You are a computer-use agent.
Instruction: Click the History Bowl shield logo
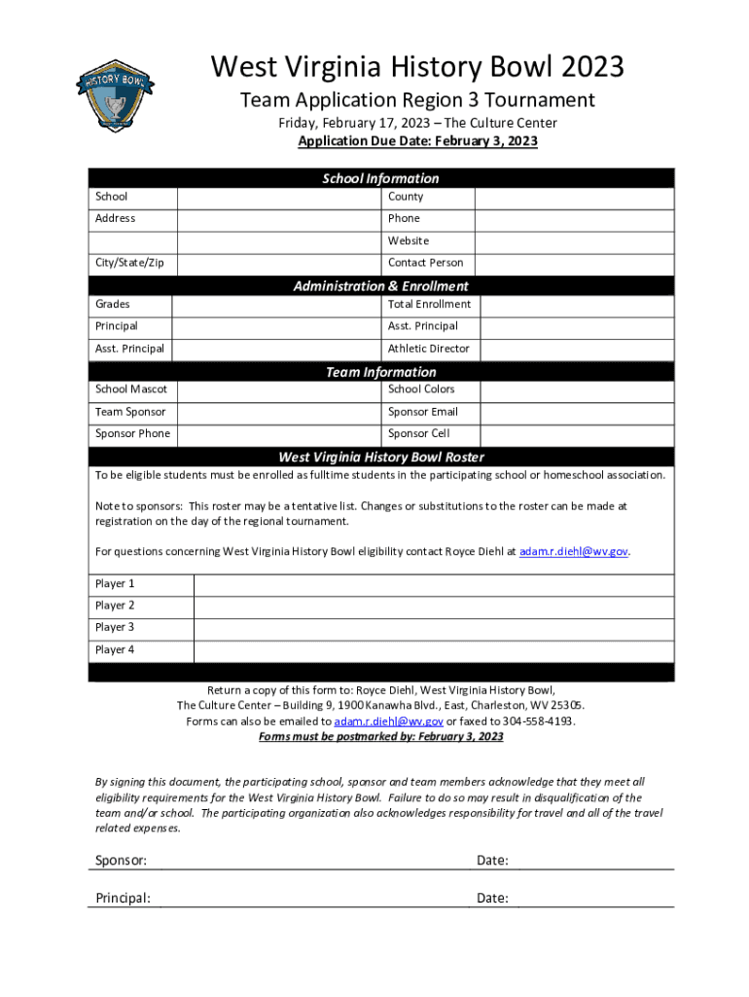(115, 92)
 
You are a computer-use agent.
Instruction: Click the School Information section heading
(380, 178)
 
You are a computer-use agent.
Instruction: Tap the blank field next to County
(574, 197)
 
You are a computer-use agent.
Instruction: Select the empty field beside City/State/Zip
(278, 263)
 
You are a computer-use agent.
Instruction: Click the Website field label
(409, 240)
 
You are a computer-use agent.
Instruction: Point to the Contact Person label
(425, 263)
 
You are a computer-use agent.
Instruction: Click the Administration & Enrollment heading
(380, 286)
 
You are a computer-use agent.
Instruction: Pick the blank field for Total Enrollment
(574, 305)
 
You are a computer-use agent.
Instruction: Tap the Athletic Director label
(428, 349)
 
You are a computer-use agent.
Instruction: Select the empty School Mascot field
(278, 389)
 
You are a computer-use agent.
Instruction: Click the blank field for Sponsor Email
(574, 412)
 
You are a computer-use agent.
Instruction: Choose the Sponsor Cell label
(418, 434)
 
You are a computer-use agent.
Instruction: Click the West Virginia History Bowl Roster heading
(380, 457)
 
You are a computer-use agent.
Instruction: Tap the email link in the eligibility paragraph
(574, 552)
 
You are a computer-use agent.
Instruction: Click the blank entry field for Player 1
(433, 584)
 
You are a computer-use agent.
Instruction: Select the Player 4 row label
(115, 649)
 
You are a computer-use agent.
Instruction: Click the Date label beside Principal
(492, 898)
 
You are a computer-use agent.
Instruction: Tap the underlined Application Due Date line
(417, 141)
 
